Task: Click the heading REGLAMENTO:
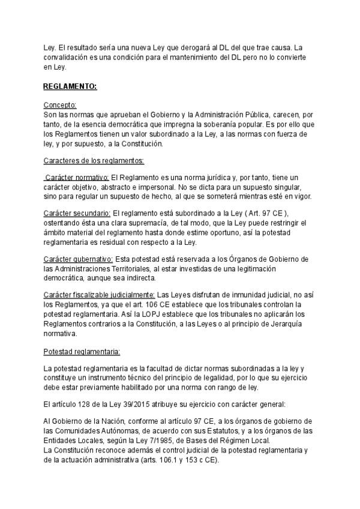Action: click(x=70, y=87)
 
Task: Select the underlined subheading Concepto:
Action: click(x=60, y=104)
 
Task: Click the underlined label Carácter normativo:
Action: click(x=77, y=178)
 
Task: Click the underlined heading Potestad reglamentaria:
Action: click(x=82, y=350)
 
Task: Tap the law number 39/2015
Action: click(x=141, y=404)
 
